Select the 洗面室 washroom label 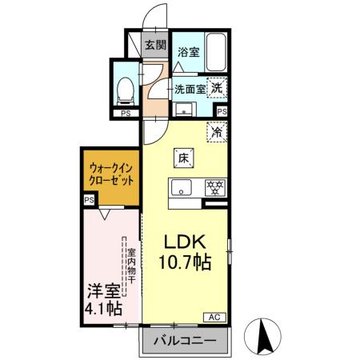tap(190, 89)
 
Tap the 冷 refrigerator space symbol tap(216, 130)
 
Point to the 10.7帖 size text tap(185, 262)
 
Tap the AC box tap(215, 318)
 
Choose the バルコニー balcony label tap(183, 342)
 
